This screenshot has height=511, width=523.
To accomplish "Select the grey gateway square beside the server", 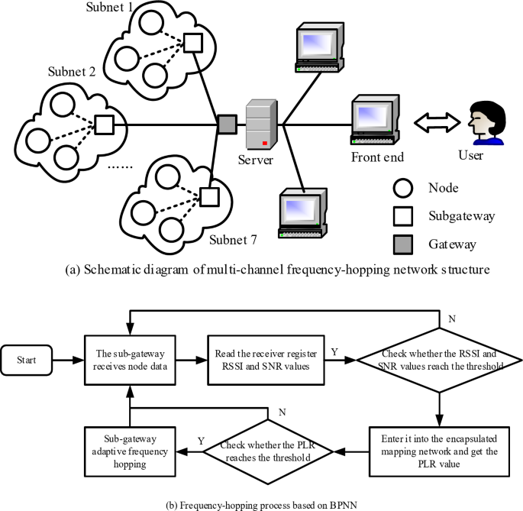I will (226, 123).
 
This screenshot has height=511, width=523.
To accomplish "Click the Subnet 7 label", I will (233, 239).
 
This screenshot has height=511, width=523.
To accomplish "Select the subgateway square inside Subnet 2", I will (103, 123).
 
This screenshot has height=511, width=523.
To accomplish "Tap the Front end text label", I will (377, 157).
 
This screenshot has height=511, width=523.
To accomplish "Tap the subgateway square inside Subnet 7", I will (207, 197).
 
